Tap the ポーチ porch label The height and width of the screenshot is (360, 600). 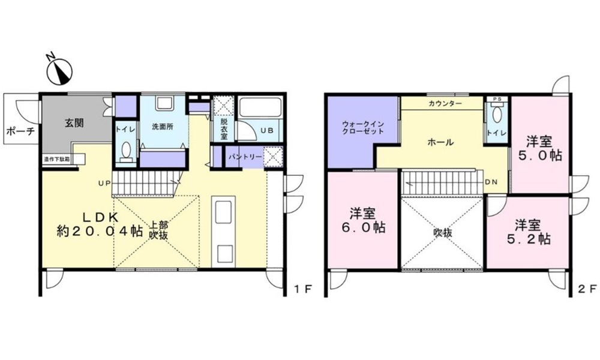click(20, 131)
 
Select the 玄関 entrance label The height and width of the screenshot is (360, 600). click(74, 123)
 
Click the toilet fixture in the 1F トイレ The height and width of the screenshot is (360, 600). click(126, 151)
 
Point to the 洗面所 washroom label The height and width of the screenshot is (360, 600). click(163, 127)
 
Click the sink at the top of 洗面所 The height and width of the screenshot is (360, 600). click(165, 104)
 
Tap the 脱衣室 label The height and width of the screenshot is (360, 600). click(224, 129)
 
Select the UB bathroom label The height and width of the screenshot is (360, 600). click(267, 130)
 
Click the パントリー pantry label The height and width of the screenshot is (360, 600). click(245, 157)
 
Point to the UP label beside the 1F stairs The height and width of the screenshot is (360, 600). click(104, 183)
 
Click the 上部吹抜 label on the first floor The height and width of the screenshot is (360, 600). click(158, 230)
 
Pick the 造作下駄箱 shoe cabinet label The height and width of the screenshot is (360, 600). click(56, 159)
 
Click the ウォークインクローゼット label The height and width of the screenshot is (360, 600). click(363, 128)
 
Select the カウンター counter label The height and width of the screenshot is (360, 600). click(445, 104)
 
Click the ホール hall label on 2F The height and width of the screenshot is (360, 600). click(440, 142)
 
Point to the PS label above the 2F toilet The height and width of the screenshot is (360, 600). click(497, 99)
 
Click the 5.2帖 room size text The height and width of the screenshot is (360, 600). click(527, 239)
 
